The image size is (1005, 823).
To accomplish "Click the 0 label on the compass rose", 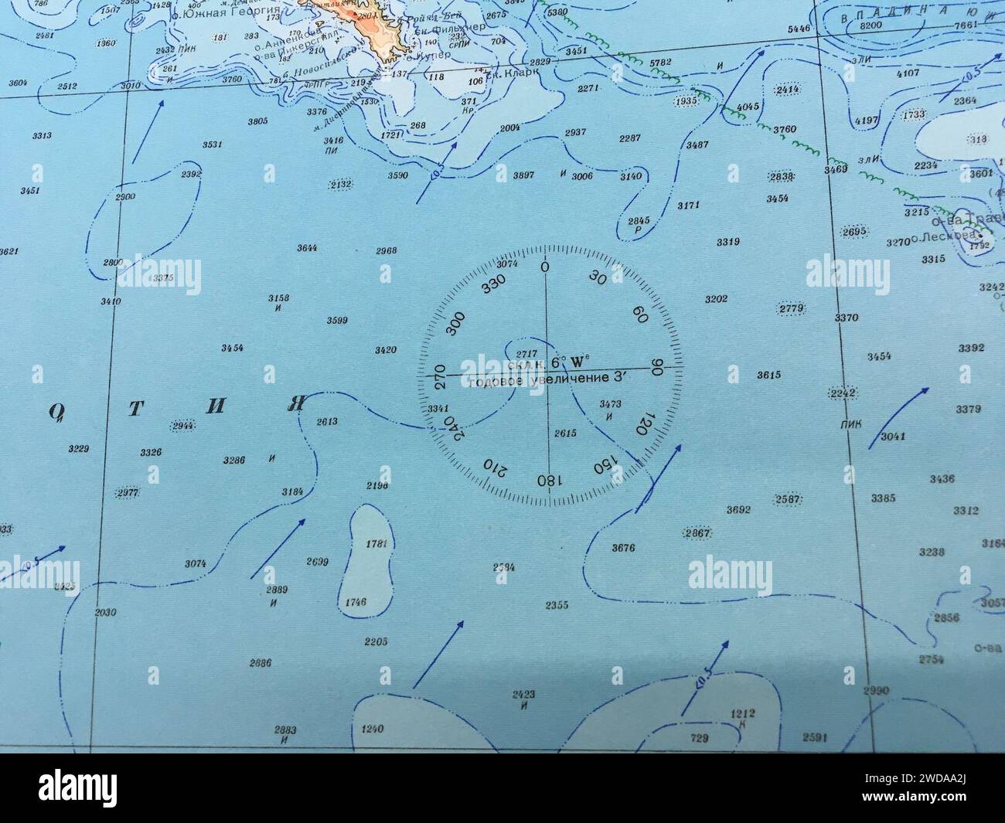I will click(x=545, y=267).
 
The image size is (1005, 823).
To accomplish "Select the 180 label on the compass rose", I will click(x=547, y=480).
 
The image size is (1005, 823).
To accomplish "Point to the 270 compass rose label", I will click(x=440, y=376).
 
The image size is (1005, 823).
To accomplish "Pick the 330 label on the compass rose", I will click(x=492, y=285).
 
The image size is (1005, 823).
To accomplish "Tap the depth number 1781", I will click(x=376, y=543).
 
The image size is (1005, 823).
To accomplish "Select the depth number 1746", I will click(x=356, y=602).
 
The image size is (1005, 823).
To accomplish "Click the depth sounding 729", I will click(x=699, y=738).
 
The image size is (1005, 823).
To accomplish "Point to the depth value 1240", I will click(x=372, y=729).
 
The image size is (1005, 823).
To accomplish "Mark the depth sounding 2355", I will click(x=556, y=604).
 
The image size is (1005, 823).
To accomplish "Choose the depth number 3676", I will click(x=622, y=548).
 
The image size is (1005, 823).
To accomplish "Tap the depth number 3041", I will click(x=893, y=437).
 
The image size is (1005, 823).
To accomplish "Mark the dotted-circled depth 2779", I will click(x=792, y=309).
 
